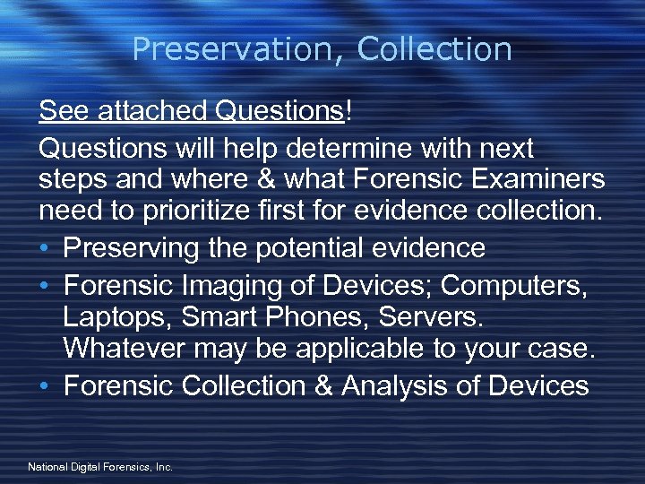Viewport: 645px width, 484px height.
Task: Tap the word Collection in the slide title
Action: pyautogui.click(x=434, y=49)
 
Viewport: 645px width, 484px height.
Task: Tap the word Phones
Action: pyautogui.click(x=321, y=316)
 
